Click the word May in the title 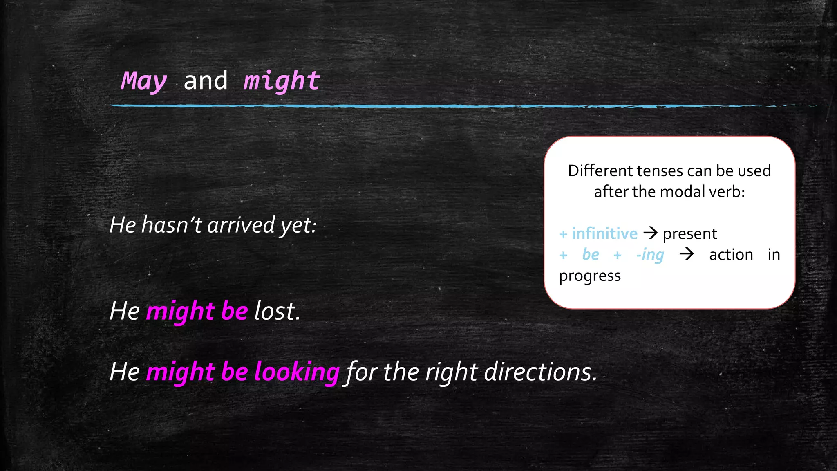[144, 81]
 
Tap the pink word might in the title [282, 81]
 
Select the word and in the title [206, 81]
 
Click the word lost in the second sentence [277, 311]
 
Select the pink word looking [297, 372]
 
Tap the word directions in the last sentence [540, 372]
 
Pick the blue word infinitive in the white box [604, 233]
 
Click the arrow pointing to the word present [650, 233]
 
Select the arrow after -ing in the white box [687, 254]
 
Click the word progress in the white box [590, 276]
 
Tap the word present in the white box [690, 234]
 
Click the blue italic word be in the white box [591, 254]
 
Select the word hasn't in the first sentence [172, 225]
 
